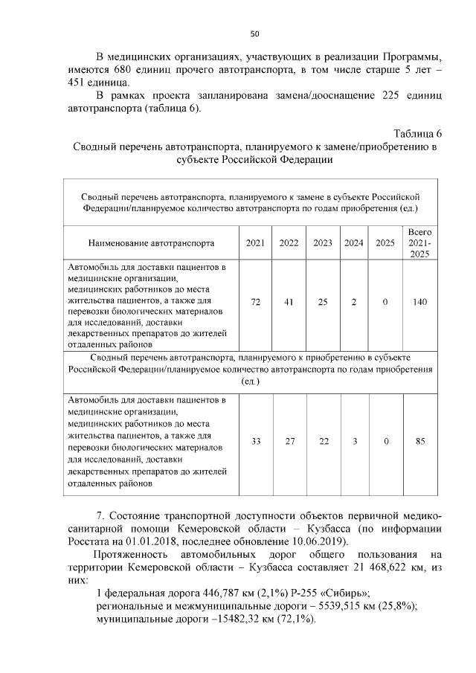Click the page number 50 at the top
click(x=254, y=33)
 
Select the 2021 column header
click(x=255, y=242)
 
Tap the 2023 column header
click(x=323, y=242)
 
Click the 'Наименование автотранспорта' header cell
click(x=152, y=242)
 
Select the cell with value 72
click(x=255, y=303)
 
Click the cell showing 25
click(x=323, y=303)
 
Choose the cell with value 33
click(x=255, y=441)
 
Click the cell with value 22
click(x=323, y=441)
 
